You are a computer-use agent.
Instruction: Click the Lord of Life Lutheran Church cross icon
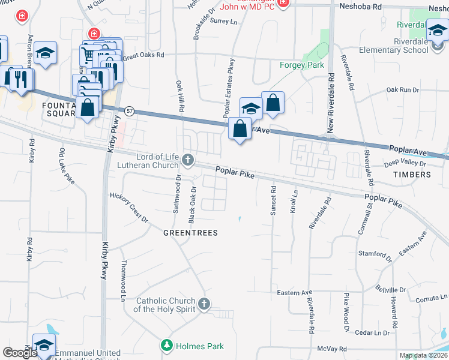click(x=188, y=160)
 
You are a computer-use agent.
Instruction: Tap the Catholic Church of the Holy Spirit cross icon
click(x=204, y=304)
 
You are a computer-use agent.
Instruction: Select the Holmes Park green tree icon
click(x=166, y=346)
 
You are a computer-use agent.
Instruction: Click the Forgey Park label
click(x=302, y=65)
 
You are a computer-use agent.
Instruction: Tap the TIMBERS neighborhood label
click(x=412, y=175)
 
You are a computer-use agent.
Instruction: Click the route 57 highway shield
click(x=129, y=112)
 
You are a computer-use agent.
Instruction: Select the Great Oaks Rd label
click(x=143, y=56)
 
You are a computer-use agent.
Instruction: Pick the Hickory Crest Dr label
click(x=129, y=207)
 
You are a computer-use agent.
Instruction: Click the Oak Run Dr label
click(x=402, y=90)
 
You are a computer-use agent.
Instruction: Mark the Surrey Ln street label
click(x=224, y=21)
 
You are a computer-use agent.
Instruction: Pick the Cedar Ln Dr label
click(x=372, y=332)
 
